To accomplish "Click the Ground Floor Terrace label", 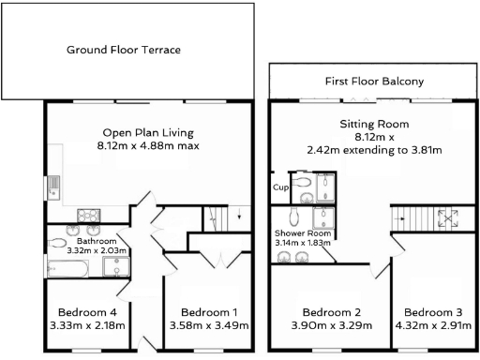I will coord(123,50).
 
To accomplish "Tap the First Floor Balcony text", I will coord(373,81).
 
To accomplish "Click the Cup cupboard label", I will coord(279,187).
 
